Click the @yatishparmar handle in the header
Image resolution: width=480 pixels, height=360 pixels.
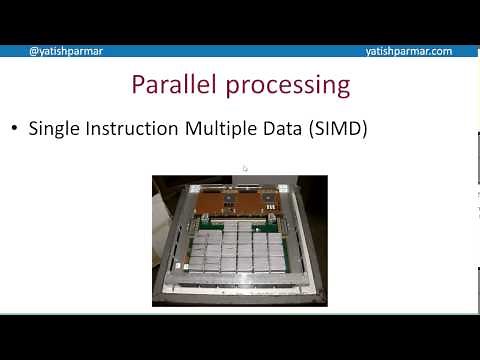[x=66, y=51]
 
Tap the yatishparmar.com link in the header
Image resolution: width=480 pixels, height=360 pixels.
[x=408, y=51]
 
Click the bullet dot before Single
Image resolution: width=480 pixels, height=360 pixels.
[x=15, y=129]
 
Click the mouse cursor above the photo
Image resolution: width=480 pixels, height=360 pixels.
[x=245, y=169]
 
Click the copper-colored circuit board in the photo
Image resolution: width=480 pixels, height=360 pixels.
[x=240, y=205]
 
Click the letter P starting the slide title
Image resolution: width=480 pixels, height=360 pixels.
[x=140, y=84]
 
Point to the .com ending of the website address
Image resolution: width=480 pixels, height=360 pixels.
[x=440, y=51]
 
